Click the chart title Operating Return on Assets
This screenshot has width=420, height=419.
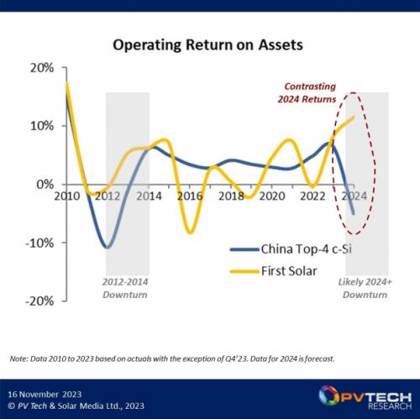[x=207, y=45]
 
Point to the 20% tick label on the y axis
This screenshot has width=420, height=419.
[x=42, y=68]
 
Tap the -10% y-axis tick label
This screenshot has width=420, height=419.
[x=39, y=243]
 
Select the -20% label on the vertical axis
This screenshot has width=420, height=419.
[x=39, y=301]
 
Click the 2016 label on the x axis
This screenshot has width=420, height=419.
[x=190, y=196]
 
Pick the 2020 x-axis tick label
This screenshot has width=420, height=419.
[x=272, y=196]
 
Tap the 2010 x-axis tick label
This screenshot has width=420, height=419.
[x=67, y=196]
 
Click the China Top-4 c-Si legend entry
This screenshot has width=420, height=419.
[x=291, y=249]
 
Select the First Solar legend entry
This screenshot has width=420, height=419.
[x=273, y=271]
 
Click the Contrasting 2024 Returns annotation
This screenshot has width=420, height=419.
[x=307, y=93]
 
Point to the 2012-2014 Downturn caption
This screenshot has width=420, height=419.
[x=125, y=288]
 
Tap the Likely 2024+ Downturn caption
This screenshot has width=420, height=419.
[x=365, y=288]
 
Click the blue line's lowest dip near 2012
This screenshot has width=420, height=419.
[x=108, y=248]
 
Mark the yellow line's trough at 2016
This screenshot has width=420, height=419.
[x=191, y=233]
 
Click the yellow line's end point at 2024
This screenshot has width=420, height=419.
[x=354, y=118]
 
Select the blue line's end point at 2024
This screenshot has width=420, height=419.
[x=354, y=213]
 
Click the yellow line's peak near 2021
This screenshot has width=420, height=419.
[x=289, y=140]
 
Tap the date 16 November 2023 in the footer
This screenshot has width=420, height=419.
[x=45, y=395]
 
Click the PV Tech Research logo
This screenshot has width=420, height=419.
[x=365, y=398]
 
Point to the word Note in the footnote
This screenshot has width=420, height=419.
[x=18, y=359]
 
